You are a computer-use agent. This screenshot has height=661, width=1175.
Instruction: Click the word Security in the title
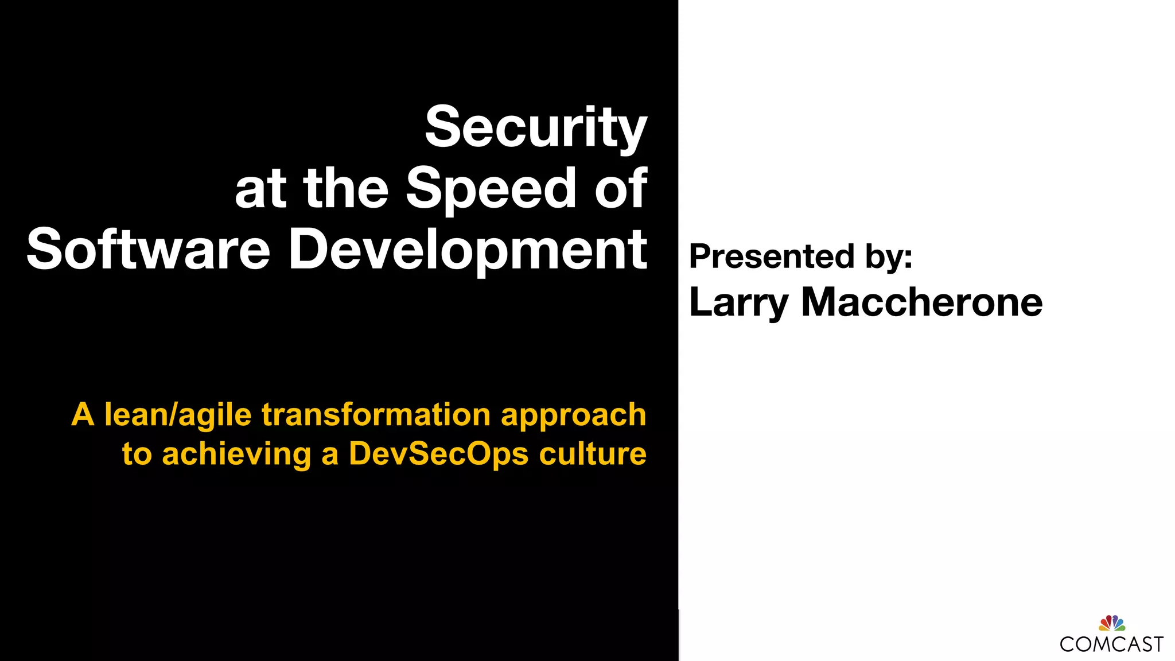[x=536, y=127]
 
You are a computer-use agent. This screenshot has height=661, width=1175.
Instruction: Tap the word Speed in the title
[x=491, y=188]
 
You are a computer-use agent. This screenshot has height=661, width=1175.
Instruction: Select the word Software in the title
[x=148, y=249]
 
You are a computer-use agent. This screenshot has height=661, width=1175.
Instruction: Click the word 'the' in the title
[x=346, y=188]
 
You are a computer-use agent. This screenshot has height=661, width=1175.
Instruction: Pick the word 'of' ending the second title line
[x=621, y=188]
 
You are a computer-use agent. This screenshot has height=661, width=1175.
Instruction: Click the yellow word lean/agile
[x=178, y=415]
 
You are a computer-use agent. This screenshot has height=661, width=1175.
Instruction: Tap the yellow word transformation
[x=376, y=415]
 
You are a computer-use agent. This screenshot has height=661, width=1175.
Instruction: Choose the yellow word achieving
[x=236, y=454]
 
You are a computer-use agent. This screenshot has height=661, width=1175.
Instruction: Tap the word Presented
[x=771, y=256]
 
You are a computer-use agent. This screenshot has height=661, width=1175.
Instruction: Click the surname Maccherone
[x=921, y=302]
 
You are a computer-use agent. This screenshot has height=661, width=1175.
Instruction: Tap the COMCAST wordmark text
[x=1111, y=644]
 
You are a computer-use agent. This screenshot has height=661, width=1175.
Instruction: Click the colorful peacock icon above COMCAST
[x=1112, y=623]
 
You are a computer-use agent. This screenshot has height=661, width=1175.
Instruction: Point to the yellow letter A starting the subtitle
[x=83, y=415]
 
